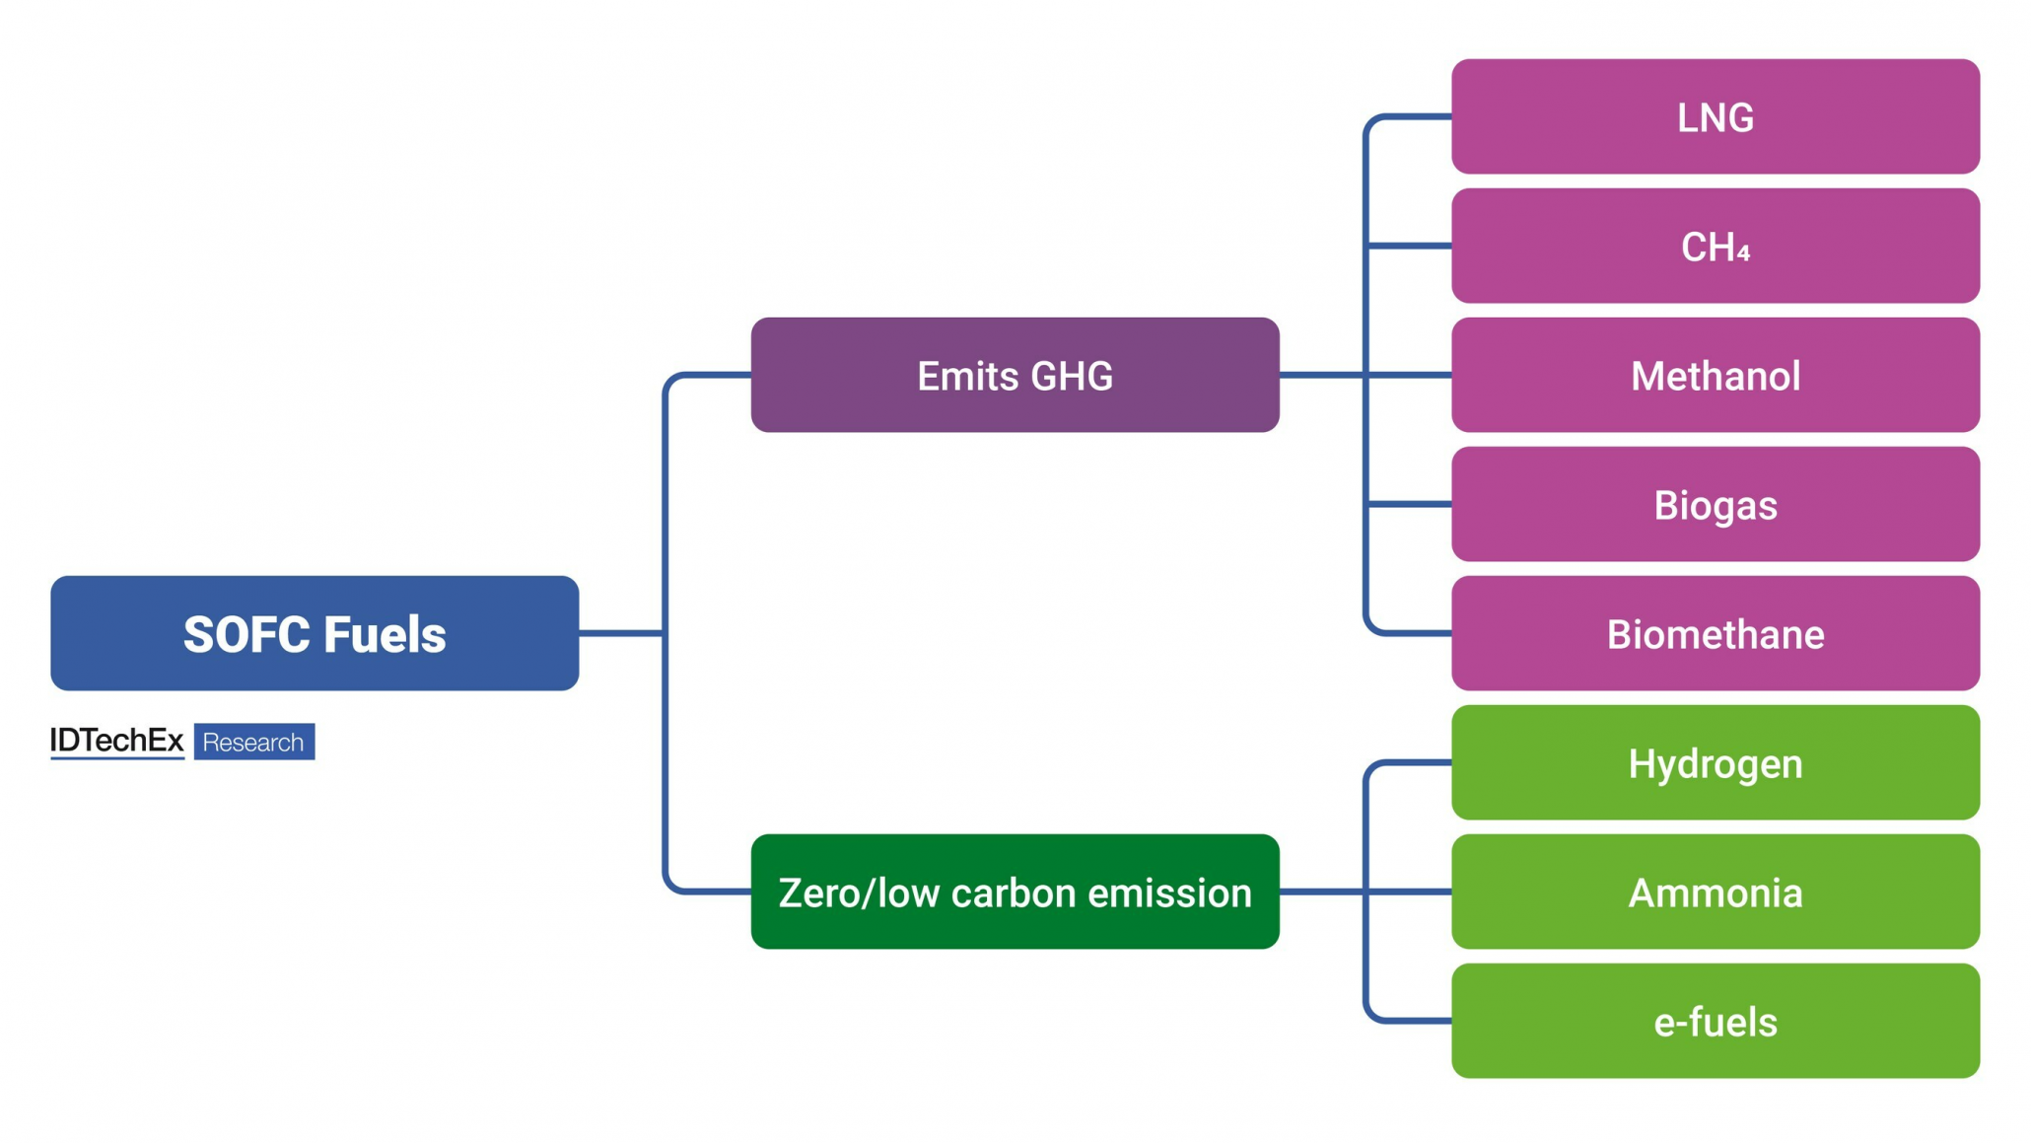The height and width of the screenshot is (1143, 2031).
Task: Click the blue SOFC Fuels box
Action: coord(315,633)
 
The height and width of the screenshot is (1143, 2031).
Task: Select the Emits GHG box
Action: coord(1015,375)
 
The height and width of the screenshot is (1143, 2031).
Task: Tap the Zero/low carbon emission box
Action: coord(1015,892)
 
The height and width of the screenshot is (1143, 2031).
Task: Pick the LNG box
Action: coord(1715,116)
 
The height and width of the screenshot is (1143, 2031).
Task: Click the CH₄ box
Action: coord(1715,246)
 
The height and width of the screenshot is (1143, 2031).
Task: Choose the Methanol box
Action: coord(1715,375)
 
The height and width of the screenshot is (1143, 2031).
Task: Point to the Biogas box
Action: coord(1715,504)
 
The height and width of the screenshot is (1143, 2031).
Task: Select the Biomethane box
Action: coord(1715,633)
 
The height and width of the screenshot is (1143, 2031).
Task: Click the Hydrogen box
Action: coord(1715,762)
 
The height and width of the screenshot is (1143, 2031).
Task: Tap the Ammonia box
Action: coord(1715,892)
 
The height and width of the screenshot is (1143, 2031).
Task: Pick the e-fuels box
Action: coord(1715,1021)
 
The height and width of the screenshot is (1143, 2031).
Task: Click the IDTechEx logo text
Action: coord(116,741)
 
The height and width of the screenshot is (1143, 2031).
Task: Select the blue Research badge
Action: coord(253,742)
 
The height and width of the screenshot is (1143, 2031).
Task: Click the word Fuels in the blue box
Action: coord(385,634)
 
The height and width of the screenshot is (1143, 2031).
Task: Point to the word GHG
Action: coord(1071,376)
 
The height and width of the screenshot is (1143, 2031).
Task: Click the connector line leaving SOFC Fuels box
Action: coord(619,633)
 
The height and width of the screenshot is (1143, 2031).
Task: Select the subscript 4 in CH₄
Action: coord(1743,253)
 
